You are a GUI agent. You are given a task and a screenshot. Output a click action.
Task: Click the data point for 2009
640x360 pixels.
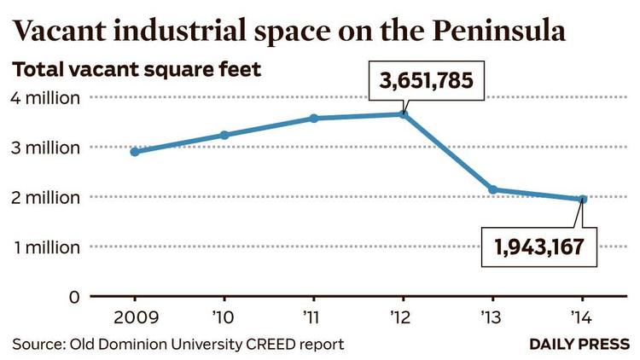point(135,152)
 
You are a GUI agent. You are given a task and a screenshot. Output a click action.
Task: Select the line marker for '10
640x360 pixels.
point(224,135)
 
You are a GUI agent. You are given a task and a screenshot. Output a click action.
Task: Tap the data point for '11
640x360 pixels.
point(314,118)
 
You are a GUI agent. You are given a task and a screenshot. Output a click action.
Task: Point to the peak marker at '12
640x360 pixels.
point(404,114)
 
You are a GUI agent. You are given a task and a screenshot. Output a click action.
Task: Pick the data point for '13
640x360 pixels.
point(493,189)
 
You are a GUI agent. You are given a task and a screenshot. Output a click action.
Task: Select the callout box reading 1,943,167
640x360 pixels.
point(538,247)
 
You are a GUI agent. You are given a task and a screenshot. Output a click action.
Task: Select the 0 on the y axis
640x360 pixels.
point(73,297)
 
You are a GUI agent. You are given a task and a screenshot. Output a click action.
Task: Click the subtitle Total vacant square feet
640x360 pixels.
point(136,68)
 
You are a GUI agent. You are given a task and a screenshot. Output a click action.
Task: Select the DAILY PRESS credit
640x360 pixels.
point(579,345)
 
